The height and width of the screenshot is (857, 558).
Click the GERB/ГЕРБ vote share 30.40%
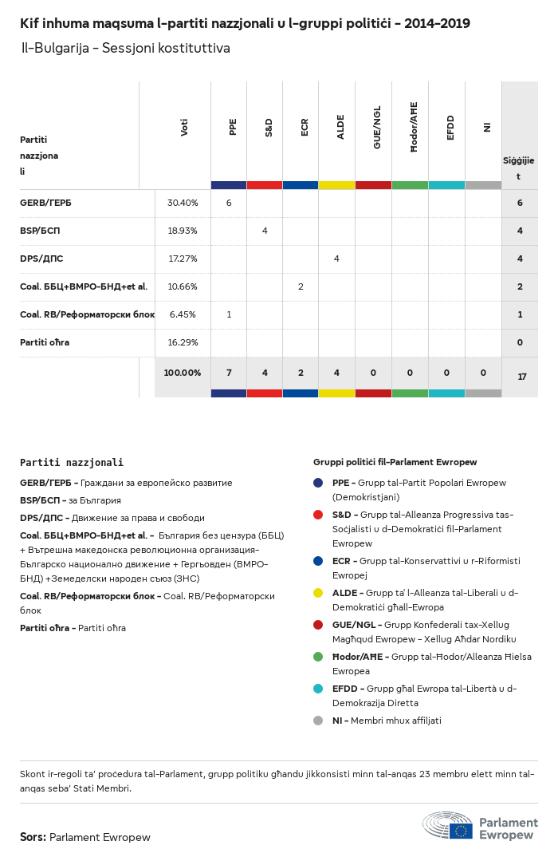(183, 203)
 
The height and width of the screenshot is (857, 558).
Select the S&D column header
(269, 128)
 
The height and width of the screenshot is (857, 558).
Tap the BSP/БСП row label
(40, 231)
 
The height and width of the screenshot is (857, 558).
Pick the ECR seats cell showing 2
(301, 286)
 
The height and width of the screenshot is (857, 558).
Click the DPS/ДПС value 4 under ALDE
(336, 259)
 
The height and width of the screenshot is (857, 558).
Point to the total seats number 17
(522, 377)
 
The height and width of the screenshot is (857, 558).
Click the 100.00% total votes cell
(183, 373)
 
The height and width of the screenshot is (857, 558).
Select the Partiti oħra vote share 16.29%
(183, 342)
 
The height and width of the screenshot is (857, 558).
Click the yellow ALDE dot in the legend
(318, 593)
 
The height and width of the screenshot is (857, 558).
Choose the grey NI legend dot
(318, 721)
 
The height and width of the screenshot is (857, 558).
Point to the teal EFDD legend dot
(318, 689)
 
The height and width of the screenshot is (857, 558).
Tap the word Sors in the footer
(32, 837)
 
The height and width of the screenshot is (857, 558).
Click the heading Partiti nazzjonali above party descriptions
(72, 462)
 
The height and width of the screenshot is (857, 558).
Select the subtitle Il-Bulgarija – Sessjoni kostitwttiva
(126, 49)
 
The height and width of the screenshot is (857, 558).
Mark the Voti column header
(184, 128)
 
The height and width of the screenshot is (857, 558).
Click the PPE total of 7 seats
(229, 373)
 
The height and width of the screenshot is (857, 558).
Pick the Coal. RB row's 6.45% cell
(183, 314)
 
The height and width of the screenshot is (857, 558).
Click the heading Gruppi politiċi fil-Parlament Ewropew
(395, 462)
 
